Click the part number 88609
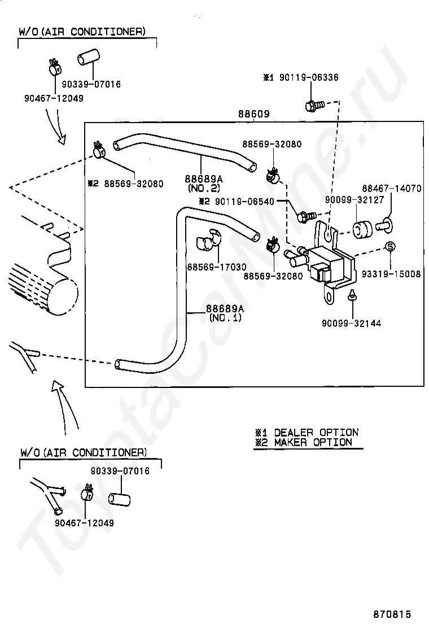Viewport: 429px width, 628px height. pyautogui.click(x=253, y=114)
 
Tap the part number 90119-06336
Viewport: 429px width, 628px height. pyautogui.click(x=309, y=77)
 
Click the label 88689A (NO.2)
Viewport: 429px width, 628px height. pyautogui.click(x=204, y=183)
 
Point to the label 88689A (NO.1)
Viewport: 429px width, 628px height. pyautogui.click(x=225, y=313)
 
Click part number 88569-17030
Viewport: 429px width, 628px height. pyautogui.click(x=217, y=267)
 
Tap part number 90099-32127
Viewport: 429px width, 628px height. pyautogui.click(x=354, y=200)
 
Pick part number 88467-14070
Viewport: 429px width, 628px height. pyautogui.click(x=391, y=188)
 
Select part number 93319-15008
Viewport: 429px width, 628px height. pyautogui.click(x=391, y=274)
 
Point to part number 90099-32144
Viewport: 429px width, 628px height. pyautogui.click(x=351, y=323)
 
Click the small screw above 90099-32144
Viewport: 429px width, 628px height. pyautogui.click(x=352, y=294)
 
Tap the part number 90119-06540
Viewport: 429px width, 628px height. pyautogui.click(x=244, y=202)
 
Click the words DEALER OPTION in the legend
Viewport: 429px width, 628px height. pyautogui.click(x=316, y=433)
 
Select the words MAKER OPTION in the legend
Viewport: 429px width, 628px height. pyautogui.click(x=313, y=443)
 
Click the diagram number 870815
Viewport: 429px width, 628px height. pyautogui.click(x=392, y=614)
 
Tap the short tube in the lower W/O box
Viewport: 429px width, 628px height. pyautogui.click(x=119, y=499)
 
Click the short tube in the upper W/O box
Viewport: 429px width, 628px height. pyautogui.click(x=87, y=57)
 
